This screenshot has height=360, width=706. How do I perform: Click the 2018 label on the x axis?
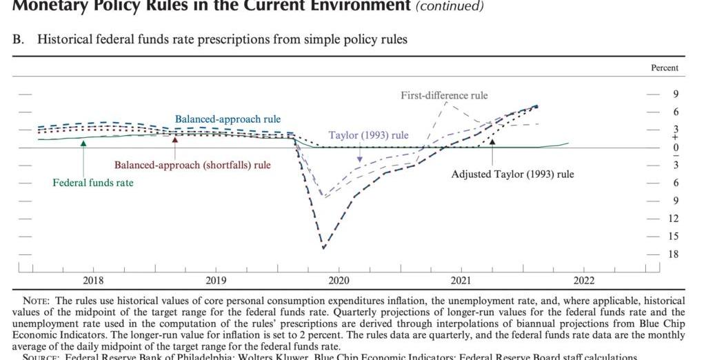[93, 280]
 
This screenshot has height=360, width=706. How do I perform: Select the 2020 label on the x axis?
[339, 280]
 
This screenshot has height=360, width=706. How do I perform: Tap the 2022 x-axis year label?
[583, 280]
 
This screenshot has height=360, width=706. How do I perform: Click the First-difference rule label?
[444, 95]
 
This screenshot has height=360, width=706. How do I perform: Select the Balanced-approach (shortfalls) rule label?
[192, 165]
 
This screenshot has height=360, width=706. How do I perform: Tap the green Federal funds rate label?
[93, 183]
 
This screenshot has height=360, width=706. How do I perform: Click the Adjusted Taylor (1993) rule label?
[512, 174]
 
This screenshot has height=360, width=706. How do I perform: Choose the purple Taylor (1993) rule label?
[368, 134]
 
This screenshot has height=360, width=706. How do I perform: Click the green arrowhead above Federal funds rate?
[83, 143]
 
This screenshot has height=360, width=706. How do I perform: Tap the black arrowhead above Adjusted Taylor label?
[492, 141]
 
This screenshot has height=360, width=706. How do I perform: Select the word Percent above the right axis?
[665, 68]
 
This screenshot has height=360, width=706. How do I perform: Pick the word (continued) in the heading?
[448, 7]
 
